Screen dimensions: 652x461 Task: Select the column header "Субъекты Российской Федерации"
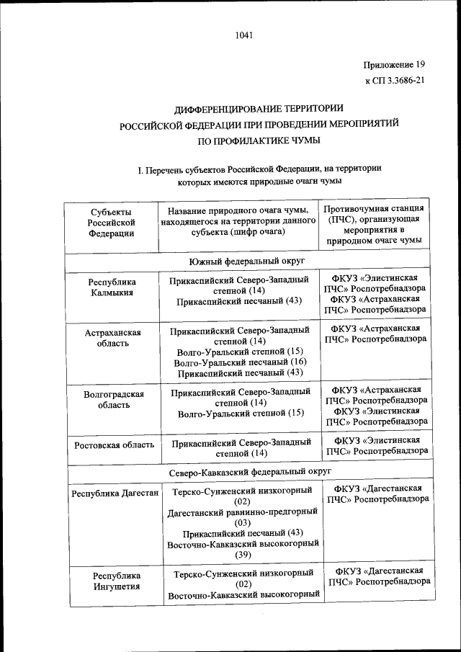click(111, 222)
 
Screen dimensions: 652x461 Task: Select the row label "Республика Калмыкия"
click(111, 288)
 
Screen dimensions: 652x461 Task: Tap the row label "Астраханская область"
click(112, 337)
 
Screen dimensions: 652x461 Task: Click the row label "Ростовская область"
click(114, 445)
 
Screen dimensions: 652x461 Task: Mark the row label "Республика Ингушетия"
click(111, 581)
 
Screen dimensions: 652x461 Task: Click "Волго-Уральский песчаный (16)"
click(241, 362)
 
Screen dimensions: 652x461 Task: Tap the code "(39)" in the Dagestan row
click(242, 555)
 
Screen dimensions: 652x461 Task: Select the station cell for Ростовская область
click(377, 445)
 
